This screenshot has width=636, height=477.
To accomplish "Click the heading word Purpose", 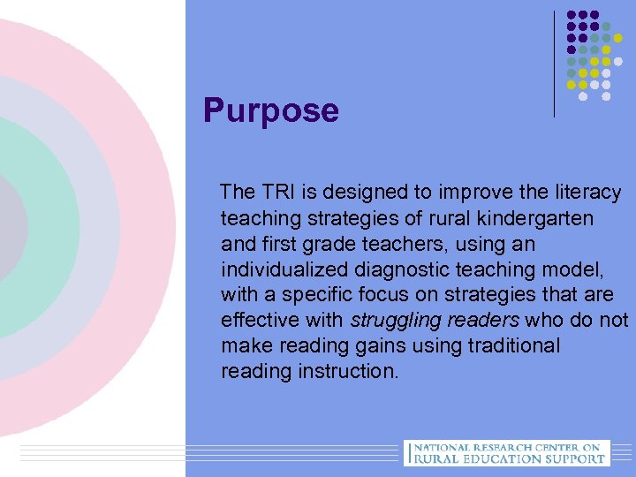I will (x=270, y=111).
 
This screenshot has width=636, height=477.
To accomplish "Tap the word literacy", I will (x=589, y=192).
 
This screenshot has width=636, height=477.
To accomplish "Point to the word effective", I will (x=261, y=320).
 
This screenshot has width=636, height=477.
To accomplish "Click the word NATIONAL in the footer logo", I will (x=445, y=448).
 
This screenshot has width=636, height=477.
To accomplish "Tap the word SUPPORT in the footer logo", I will (x=575, y=458).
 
